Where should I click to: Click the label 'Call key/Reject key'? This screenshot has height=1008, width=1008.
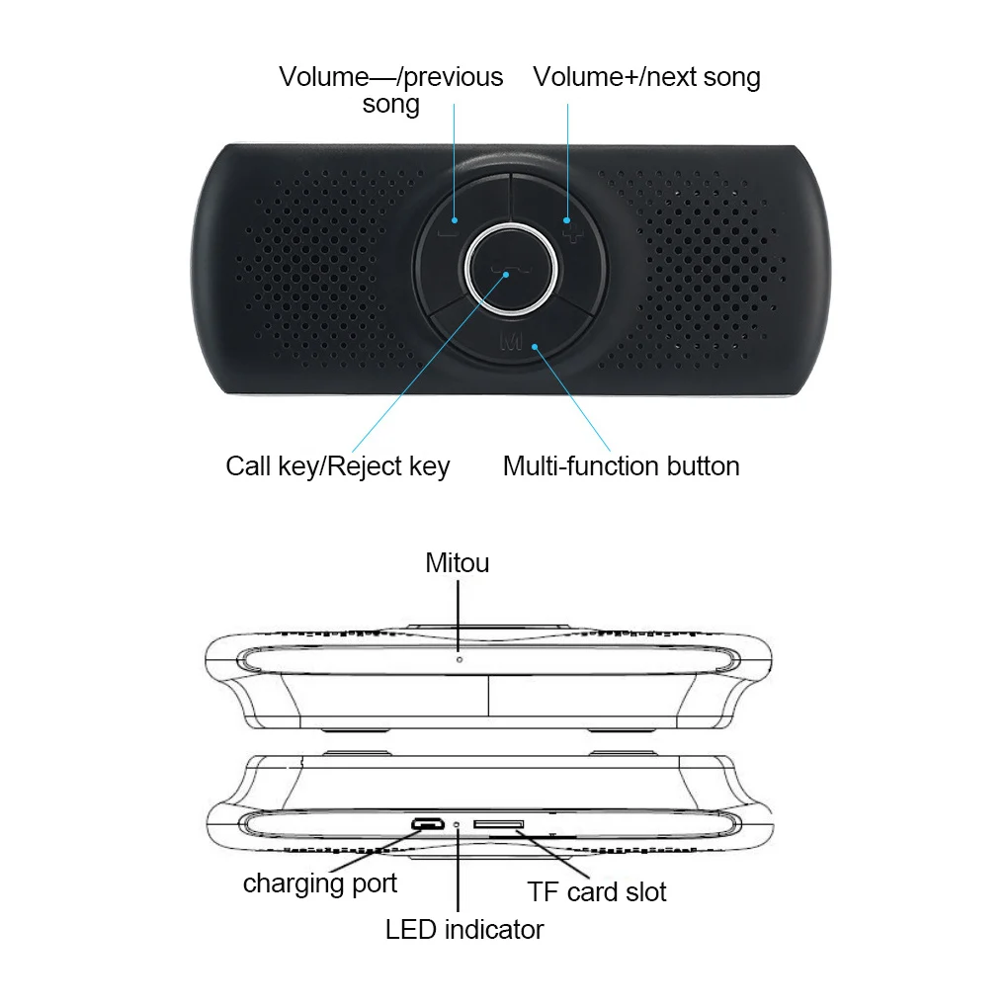[337, 466]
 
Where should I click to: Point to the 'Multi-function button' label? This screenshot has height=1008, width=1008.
[621, 466]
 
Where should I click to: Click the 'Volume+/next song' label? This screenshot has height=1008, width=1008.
[646, 77]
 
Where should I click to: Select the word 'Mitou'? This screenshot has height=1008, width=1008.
[458, 563]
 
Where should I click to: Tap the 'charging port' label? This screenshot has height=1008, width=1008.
[320, 882]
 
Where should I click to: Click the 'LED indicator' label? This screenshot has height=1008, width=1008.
[464, 929]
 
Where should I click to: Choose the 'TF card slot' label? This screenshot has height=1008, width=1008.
[597, 891]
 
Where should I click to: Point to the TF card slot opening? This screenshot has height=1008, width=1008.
[498, 823]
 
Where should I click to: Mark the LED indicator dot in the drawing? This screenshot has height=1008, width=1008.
[458, 824]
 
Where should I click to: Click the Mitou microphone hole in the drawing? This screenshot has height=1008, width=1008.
[459, 657]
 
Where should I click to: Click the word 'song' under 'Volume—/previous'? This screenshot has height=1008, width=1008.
[391, 104]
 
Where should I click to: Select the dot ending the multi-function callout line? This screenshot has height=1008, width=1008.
[535, 347]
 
